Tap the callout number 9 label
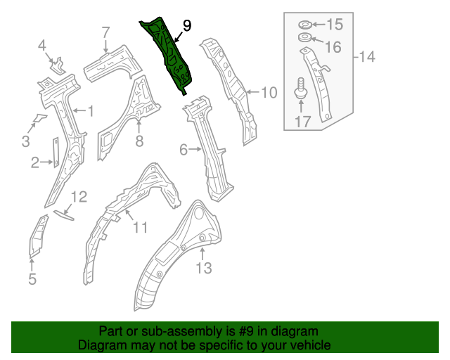[x=186, y=26]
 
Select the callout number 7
[x=105, y=32]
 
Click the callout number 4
[x=42, y=46]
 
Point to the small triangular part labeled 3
[x=39, y=116]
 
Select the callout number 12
[x=79, y=197]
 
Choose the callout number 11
[x=141, y=227]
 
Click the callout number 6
[x=184, y=149]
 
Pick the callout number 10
[x=269, y=92]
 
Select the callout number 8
[x=139, y=142]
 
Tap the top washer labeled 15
[x=304, y=25]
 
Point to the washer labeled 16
[x=304, y=37]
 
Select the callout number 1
[x=89, y=110]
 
